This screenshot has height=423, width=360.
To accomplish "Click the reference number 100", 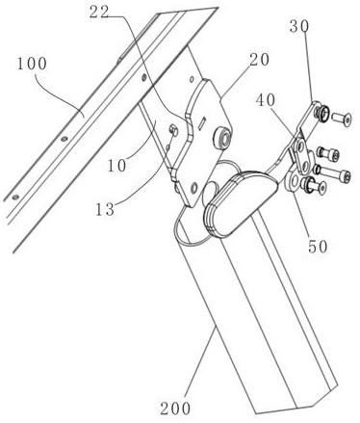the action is coord(32,64).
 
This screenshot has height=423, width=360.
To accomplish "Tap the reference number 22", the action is coord(99,13).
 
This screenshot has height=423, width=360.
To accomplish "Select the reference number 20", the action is coord(259,60).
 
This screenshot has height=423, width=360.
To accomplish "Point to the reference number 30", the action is coord(299,26).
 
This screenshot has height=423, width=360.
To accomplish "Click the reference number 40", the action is coord(266,100).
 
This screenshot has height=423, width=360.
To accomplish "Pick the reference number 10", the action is coord(116,166).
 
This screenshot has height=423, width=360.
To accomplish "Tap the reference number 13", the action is coord(105,209).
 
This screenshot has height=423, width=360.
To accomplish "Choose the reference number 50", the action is coord(318,247).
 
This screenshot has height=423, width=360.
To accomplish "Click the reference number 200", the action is coord(175,409).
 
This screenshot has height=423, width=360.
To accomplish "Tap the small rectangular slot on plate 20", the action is coord(201,123).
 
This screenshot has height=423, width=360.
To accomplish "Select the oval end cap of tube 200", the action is coord(239,204).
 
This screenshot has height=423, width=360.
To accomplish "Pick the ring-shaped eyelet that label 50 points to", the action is coord(294,182).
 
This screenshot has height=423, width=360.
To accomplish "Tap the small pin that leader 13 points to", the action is coord(174,130).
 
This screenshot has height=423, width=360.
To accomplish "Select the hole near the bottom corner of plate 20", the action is coord(193,188).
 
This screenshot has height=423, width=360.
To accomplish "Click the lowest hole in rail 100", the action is coord(14,197).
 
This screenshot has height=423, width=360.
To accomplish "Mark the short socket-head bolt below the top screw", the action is coord(328,154).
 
